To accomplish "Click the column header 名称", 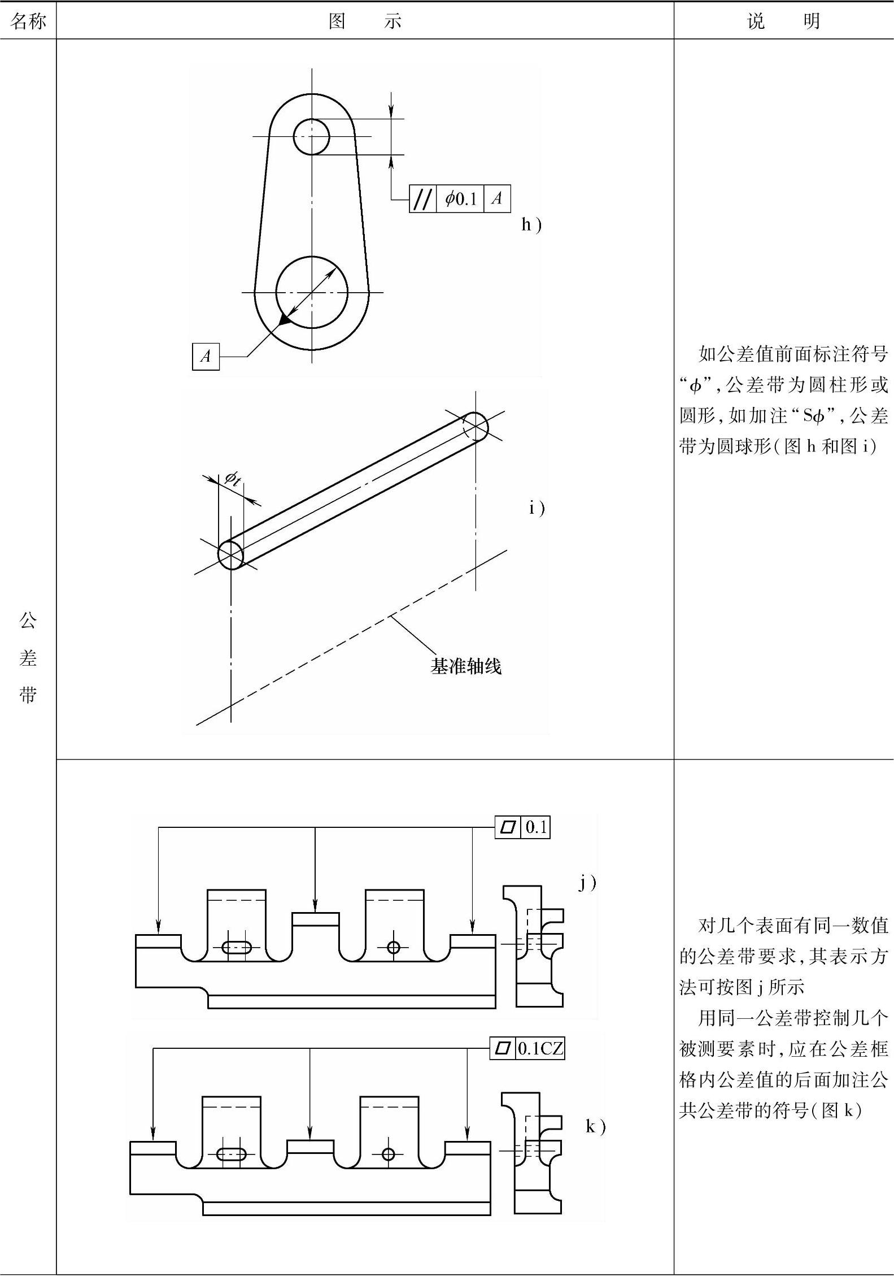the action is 28,21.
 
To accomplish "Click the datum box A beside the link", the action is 206,356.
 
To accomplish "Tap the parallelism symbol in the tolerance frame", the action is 423,199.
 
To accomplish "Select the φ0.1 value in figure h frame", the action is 460,199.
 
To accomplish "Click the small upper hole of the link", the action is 311,136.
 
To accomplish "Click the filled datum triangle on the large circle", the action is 285,320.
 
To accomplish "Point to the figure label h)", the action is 531,225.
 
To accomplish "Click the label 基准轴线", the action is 466,666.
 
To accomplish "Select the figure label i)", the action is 537,508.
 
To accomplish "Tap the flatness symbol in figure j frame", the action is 508,827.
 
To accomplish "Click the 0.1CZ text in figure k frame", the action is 540,1049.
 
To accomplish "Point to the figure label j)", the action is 587,883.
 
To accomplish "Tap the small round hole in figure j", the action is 394,947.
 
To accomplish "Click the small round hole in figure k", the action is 388,1154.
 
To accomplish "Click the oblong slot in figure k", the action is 232,1154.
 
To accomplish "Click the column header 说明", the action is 783,21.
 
